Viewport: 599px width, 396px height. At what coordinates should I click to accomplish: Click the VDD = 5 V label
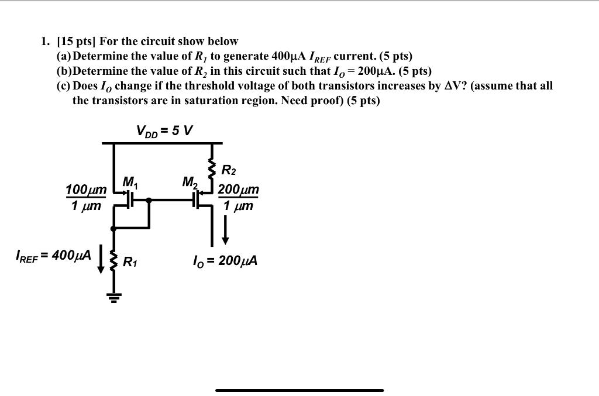164,130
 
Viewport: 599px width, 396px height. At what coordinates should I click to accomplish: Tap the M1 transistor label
129,182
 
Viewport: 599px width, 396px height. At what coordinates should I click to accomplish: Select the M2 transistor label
190,182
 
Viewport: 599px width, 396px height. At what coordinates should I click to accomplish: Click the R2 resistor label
229,171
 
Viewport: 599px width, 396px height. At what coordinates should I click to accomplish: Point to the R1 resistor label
130,262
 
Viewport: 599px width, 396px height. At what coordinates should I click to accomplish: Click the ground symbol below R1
113,297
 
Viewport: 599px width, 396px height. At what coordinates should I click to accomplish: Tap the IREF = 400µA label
53,256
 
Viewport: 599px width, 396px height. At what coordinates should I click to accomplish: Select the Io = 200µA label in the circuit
225,260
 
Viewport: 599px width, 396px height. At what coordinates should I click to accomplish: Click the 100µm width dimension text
86,190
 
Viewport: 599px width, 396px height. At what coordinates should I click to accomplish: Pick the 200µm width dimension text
238,190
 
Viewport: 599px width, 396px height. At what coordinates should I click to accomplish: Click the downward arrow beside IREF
101,260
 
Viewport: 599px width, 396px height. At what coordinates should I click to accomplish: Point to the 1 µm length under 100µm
86,206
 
